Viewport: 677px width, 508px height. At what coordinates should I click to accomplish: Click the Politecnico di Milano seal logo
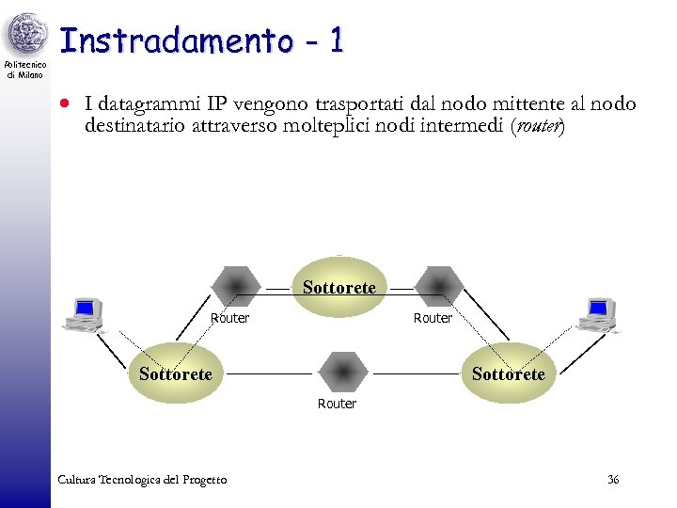tap(25, 36)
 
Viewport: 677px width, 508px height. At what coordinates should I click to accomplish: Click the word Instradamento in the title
tap(176, 40)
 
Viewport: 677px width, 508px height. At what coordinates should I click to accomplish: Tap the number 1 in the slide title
tap(337, 40)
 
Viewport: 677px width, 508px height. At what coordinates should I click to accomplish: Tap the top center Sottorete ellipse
tap(338, 287)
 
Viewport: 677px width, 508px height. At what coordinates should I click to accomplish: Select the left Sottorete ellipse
tap(175, 373)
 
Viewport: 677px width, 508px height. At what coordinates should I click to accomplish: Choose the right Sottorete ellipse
tap(508, 373)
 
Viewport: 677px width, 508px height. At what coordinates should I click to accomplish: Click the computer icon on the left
tap(85, 315)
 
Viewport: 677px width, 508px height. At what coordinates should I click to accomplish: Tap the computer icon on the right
tap(598, 315)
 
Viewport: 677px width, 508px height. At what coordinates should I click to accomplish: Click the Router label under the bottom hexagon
tap(337, 404)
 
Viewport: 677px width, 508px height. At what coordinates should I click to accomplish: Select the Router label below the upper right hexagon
tap(433, 318)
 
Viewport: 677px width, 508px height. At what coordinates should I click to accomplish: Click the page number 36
tap(613, 480)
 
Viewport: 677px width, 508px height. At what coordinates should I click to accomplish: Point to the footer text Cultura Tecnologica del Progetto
tap(142, 480)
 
